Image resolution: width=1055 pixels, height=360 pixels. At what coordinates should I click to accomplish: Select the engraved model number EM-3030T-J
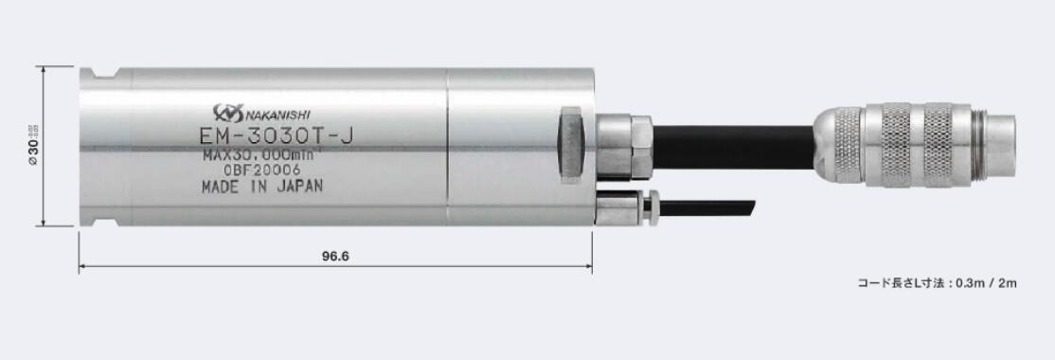point(277,135)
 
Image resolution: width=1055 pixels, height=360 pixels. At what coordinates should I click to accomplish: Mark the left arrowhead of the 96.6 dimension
point(82,268)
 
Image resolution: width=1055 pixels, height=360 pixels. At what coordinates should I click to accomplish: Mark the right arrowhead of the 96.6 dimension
point(588,268)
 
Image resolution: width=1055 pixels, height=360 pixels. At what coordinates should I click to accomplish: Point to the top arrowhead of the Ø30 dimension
point(44,70)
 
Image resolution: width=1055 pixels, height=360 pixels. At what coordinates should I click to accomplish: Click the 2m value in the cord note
point(1006,282)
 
